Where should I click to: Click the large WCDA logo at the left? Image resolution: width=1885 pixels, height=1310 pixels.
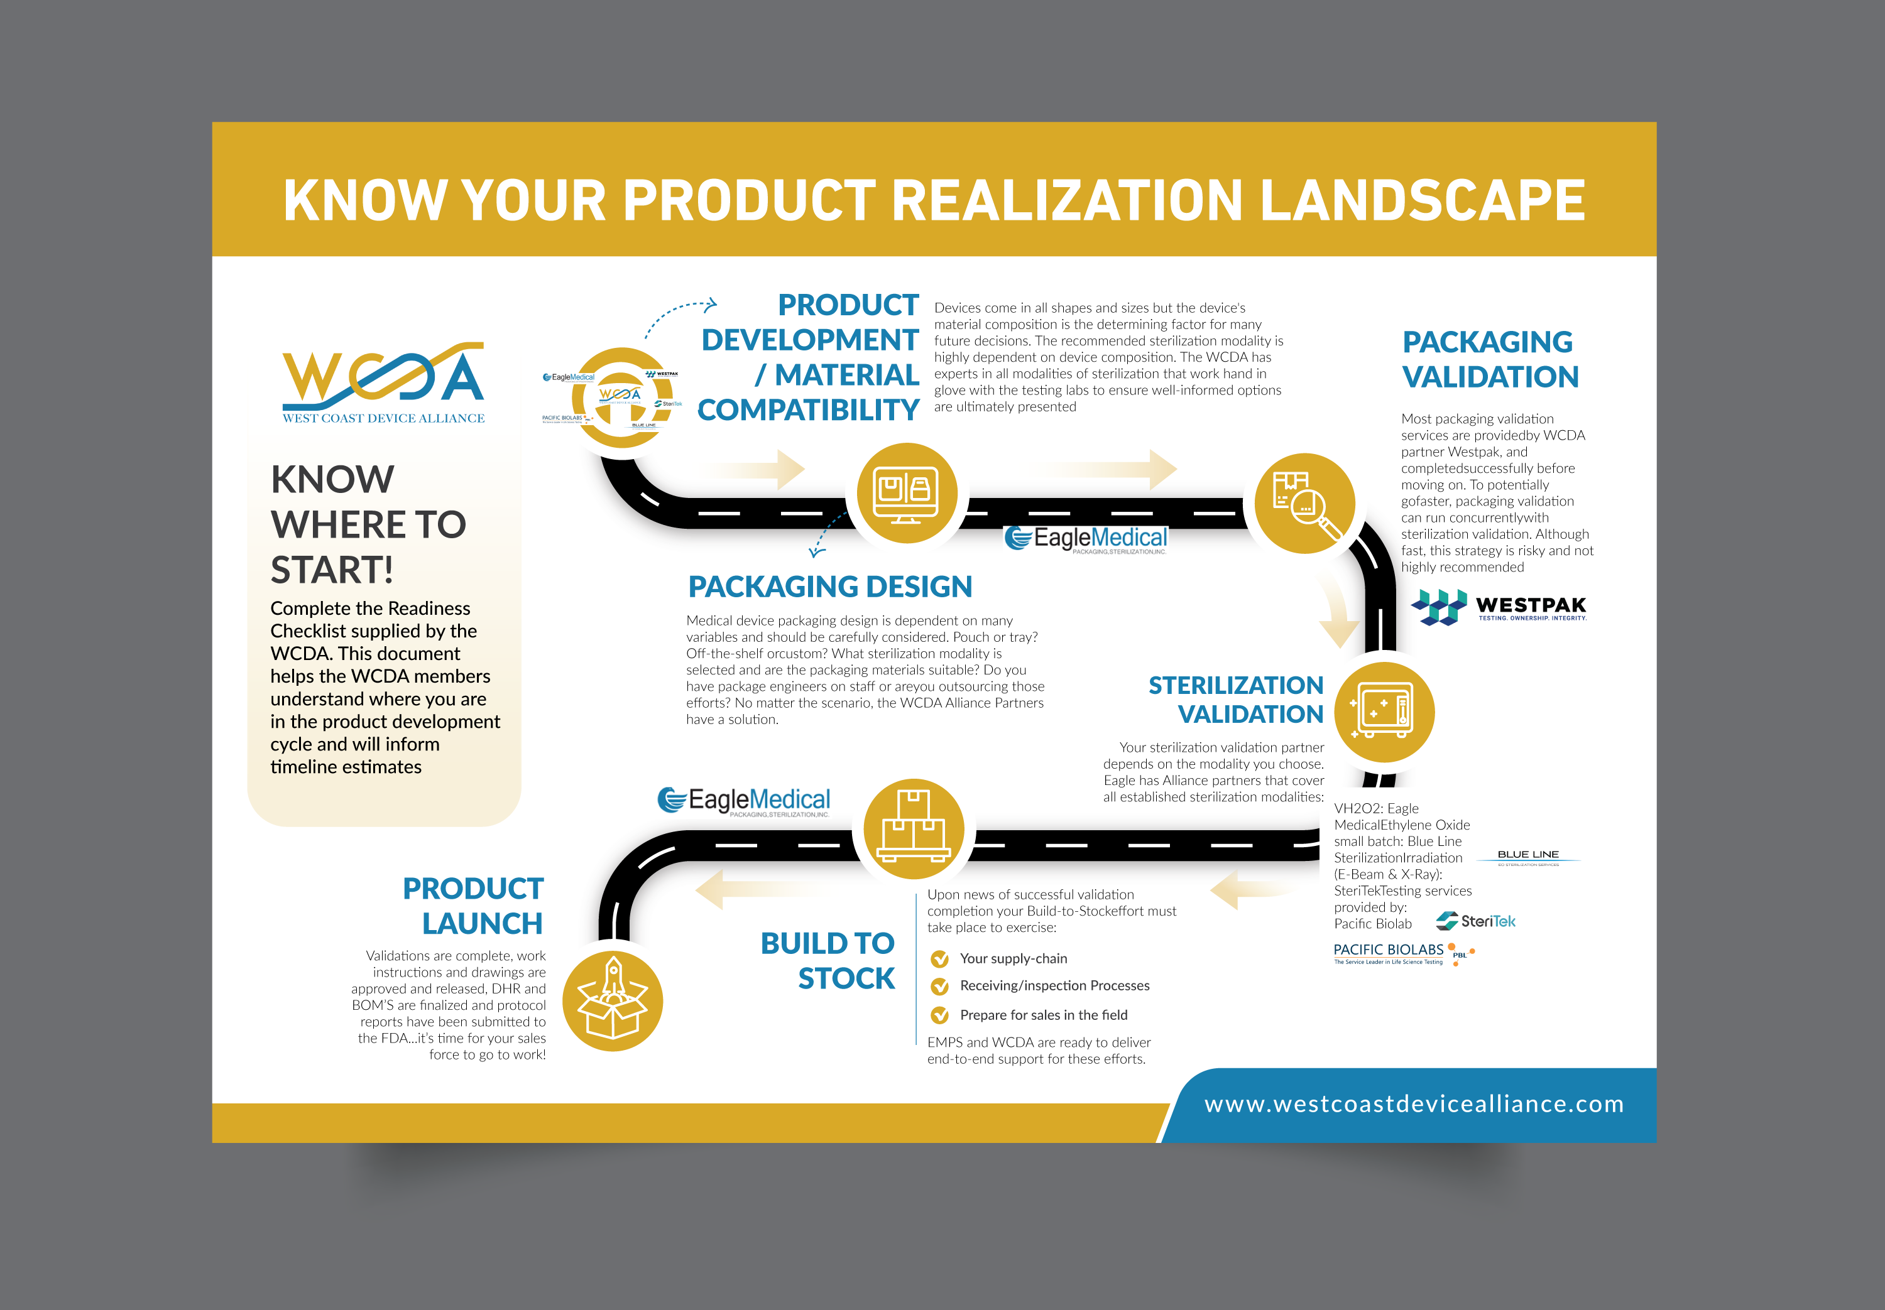pyautogui.click(x=383, y=382)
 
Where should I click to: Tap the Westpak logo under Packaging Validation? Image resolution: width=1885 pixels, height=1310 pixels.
pyautogui.click(x=1499, y=607)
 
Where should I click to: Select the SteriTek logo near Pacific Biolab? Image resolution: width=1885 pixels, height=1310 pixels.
pyautogui.click(x=1475, y=921)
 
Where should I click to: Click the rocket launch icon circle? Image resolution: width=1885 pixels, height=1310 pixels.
pyautogui.click(x=613, y=1002)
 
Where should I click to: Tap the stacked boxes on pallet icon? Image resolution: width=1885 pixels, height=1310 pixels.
pyautogui.click(x=914, y=829)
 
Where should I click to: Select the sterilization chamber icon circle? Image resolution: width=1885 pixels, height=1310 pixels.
pyautogui.click(x=1384, y=712)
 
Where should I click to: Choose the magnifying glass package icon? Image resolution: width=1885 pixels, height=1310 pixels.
pyautogui.click(x=1304, y=503)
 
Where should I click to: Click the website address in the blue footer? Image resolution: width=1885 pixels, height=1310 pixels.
pyautogui.click(x=1414, y=1104)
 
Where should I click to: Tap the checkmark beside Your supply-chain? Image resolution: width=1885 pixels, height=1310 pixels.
pyautogui.click(x=940, y=959)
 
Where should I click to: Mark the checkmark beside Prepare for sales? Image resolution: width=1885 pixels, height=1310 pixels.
pyautogui.click(x=940, y=1015)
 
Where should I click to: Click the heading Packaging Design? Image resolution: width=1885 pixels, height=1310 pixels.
pyautogui.click(x=830, y=587)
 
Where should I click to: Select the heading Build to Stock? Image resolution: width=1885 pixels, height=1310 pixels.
pyautogui.click(x=828, y=960)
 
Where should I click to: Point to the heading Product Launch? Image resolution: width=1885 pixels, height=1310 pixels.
pyautogui.click(x=473, y=906)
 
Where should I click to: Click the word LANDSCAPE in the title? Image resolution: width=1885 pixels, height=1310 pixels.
pyautogui.click(x=1422, y=200)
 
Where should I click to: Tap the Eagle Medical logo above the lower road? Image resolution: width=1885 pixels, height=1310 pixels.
pyautogui.click(x=744, y=801)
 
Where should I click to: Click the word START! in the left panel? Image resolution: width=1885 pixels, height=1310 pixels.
pyautogui.click(x=332, y=570)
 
